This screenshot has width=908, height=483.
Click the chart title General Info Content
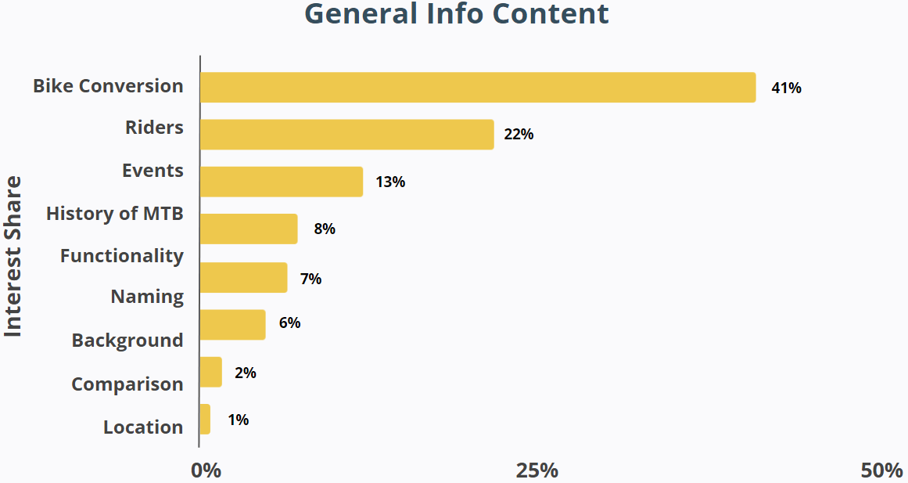456,14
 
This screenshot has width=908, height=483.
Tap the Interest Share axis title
13,257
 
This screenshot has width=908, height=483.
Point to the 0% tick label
206,470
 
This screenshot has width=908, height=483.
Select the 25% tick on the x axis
537,470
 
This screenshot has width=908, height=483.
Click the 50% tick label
881,470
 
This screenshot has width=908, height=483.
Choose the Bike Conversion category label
108,86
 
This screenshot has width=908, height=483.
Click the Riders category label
154,127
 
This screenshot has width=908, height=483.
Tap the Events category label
153,171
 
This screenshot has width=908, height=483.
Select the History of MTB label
115,213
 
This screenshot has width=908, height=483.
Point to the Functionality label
122,255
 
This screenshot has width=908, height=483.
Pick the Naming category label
147,297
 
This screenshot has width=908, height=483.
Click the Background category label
127,341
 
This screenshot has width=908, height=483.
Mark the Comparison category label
127,384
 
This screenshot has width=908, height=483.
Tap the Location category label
143,427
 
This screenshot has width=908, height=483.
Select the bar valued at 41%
478,88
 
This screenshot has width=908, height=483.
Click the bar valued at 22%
346,135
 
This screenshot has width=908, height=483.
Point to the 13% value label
389,182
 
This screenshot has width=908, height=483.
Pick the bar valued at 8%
249,229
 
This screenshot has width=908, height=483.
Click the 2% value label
245,373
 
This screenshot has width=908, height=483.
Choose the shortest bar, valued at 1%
205,420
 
